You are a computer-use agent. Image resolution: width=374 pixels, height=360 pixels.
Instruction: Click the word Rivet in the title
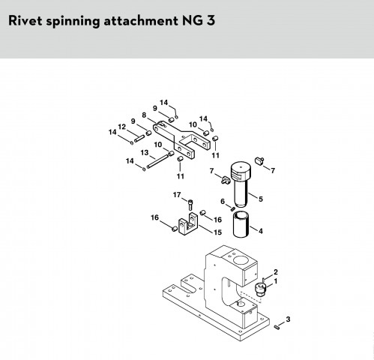pyautogui.click(x=25, y=20)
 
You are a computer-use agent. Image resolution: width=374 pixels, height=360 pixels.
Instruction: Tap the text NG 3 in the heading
pyautogui.click(x=199, y=20)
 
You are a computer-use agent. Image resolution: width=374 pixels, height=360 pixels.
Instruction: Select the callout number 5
pyautogui.click(x=261, y=199)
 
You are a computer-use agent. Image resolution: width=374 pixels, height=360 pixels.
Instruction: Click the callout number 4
pyautogui.click(x=261, y=231)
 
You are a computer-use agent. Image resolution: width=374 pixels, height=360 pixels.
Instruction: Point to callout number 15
pyautogui.click(x=217, y=232)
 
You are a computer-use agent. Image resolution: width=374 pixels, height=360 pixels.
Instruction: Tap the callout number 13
pyautogui.click(x=145, y=152)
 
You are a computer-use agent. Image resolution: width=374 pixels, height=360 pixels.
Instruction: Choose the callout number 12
pyautogui.click(x=122, y=127)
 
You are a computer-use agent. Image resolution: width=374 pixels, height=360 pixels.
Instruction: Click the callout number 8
pyautogui.click(x=144, y=115)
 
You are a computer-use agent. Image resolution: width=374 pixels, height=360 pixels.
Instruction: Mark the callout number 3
pyautogui.click(x=288, y=319)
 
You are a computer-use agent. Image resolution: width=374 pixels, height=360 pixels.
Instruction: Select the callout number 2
pyautogui.click(x=276, y=271)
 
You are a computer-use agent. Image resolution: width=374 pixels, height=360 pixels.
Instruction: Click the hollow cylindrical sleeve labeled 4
pyautogui.click(x=241, y=224)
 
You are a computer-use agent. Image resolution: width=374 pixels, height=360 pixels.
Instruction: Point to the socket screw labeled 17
pyautogui.click(x=190, y=205)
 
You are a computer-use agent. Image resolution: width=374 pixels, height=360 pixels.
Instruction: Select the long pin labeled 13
pyautogui.click(x=157, y=161)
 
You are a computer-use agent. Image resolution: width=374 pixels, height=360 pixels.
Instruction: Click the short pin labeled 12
pyautogui.click(x=139, y=139)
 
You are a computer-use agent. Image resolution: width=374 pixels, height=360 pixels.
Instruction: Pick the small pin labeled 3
pyautogui.click(x=277, y=327)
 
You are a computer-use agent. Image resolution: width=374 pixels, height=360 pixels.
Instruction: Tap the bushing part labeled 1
pyautogui.click(x=261, y=289)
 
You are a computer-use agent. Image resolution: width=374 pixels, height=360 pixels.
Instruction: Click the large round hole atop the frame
pyautogui.click(x=241, y=260)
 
